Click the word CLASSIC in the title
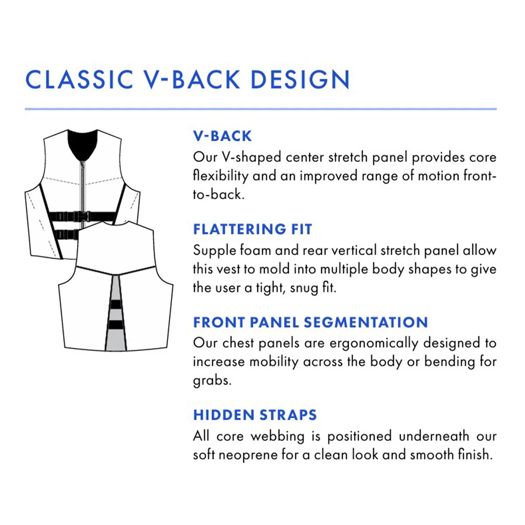coord(79,80)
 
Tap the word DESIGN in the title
coord(300,80)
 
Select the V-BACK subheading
coord(222,136)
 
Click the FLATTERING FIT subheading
coord(252,229)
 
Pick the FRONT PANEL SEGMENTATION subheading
coord(311,322)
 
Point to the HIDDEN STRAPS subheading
coord(255,415)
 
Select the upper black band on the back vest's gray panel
coord(116,304)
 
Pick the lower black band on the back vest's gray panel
coord(116,325)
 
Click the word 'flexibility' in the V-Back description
coord(220,176)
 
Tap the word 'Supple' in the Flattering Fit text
coord(214,251)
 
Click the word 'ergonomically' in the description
coord(374,344)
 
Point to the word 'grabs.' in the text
coord(212,381)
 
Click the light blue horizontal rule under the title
coord(261,109)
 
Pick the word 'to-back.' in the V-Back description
coord(218,195)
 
